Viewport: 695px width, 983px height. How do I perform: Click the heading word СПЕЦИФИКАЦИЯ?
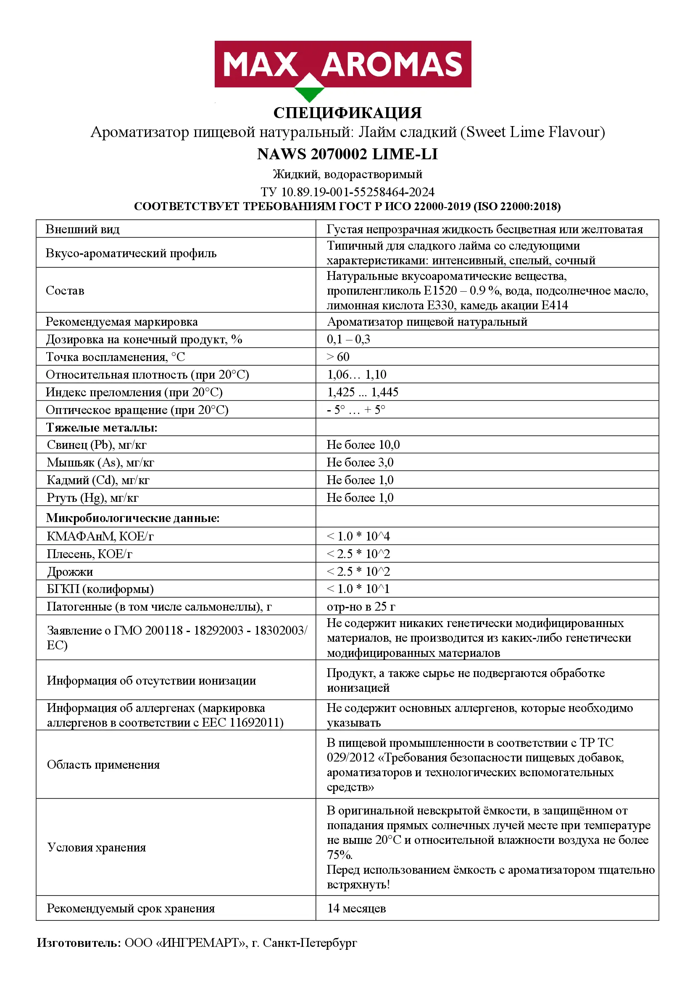pyautogui.click(x=347, y=113)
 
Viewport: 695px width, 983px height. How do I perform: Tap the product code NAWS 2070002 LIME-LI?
pyautogui.click(x=347, y=154)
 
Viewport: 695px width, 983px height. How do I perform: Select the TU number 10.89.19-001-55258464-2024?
pyautogui.click(x=357, y=192)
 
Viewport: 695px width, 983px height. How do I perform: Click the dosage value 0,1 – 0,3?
pyautogui.click(x=348, y=340)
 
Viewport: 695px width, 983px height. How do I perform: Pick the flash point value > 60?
pyautogui.click(x=338, y=357)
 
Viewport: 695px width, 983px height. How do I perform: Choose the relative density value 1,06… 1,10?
pyautogui.click(x=356, y=374)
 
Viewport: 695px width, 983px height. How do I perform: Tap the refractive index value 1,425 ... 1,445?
pyautogui.click(x=363, y=392)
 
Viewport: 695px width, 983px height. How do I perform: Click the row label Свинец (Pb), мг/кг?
pyautogui.click(x=97, y=445)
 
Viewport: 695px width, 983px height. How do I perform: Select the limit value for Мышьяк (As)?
pyautogui.click(x=360, y=462)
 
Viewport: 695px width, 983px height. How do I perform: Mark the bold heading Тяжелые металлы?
pyautogui.click(x=102, y=427)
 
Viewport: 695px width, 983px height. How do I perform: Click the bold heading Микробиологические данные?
pyautogui.click(x=133, y=518)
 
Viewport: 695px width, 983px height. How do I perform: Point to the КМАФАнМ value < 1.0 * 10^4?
pyautogui.click(x=358, y=536)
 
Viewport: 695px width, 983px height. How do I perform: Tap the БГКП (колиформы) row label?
pyautogui.click(x=100, y=589)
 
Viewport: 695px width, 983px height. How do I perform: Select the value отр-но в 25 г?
pyautogui.click(x=361, y=607)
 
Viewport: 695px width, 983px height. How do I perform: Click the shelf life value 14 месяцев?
pyautogui.click(x=356, y=908)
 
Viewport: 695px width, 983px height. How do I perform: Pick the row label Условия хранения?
pyautogui.click(x=97, y=847)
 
